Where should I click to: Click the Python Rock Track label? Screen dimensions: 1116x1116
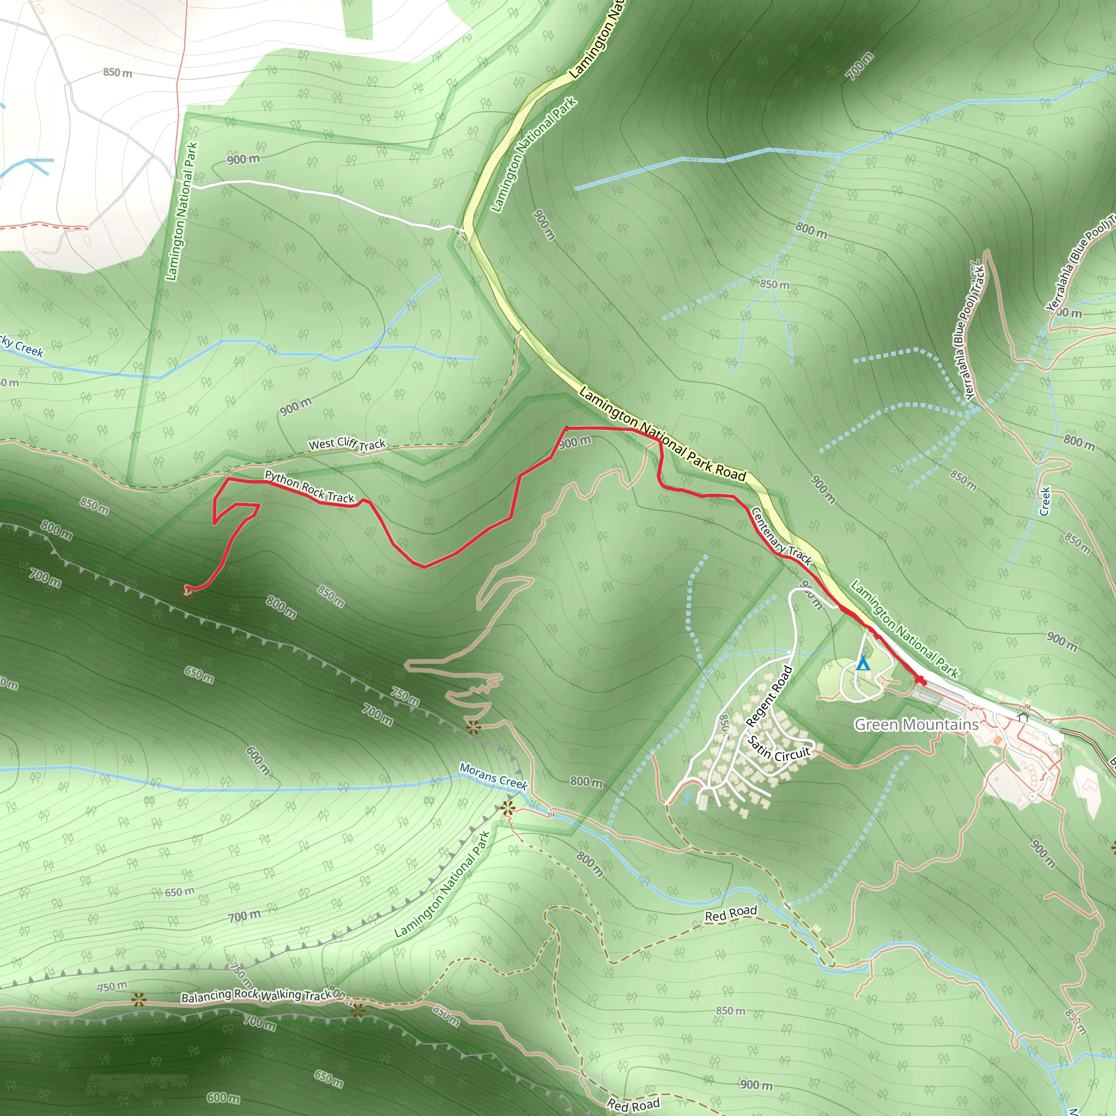point(310,487)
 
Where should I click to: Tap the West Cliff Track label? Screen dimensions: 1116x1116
point(347,444)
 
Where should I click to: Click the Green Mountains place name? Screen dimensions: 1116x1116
point(916,724)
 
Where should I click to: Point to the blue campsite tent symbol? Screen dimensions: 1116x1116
point(863,663)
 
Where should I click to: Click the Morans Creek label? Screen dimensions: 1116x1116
point(493,776)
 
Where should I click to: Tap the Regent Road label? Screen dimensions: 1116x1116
point(769,696)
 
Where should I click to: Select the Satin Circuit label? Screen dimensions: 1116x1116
point(779,749)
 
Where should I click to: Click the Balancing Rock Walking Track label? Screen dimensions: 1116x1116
point(256,995)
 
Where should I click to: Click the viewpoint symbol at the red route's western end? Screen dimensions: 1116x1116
point(186,594)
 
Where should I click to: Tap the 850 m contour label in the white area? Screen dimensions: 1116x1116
point(117,72)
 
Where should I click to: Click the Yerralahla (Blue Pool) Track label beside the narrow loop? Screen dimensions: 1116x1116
point(971,331)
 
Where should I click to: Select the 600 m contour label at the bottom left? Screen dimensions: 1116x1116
point(223,1097)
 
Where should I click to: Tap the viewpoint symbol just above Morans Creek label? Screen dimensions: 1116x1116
point(473,727)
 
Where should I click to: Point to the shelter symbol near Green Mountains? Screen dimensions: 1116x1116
point(1023,716)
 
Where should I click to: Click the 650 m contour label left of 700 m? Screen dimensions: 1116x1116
point(180,893)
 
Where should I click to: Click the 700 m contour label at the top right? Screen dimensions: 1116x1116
point(859,66)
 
